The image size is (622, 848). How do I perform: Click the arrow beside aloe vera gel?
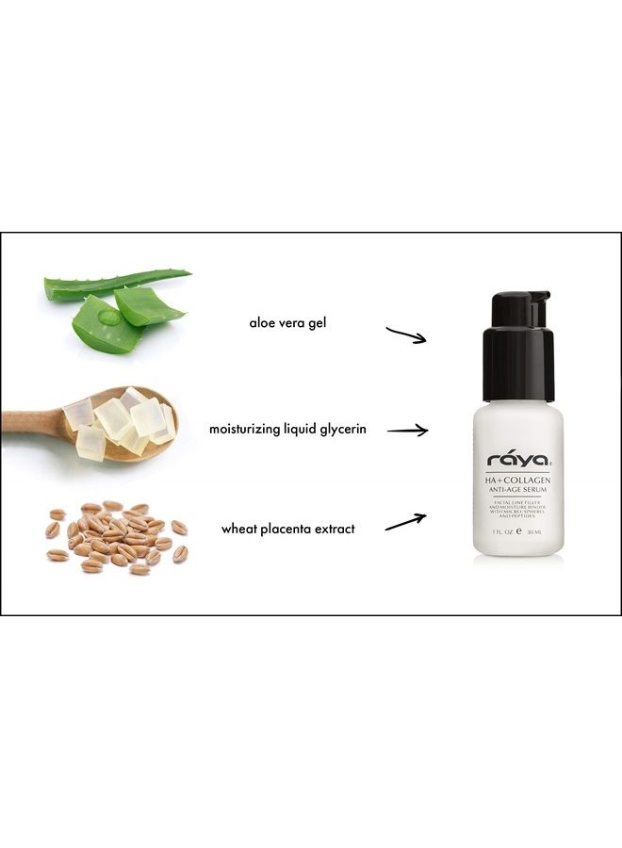pos(407,334)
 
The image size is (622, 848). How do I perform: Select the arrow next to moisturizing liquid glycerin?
pos(407,431)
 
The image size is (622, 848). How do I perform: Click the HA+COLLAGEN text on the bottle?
pos(518,481)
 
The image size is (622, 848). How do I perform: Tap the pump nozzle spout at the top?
pos(541,300)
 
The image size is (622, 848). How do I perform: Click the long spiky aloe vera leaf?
pos(118,284)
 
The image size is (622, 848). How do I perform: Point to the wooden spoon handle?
pos(28,420)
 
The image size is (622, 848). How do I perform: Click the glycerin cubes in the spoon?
pos(123,422)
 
